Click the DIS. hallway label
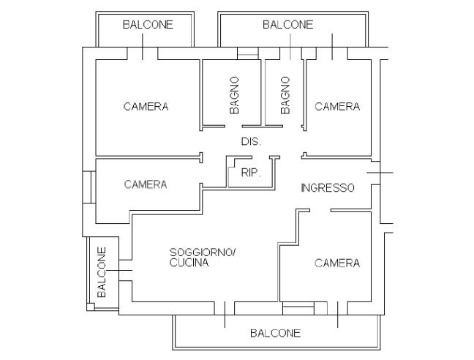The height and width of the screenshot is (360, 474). [x=251, y=141]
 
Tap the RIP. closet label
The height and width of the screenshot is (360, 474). [x=251, y=173]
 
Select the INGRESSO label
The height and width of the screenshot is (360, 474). [x=328, y=188]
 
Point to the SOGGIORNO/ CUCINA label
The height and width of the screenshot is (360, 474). [x=202, y=258]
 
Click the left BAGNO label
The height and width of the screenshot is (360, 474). [x=234, y=95]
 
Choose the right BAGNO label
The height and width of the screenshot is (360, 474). [x=285, y=95]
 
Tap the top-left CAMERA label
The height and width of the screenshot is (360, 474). [x=146, y=106]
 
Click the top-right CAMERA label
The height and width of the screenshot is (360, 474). [x=337, y=106]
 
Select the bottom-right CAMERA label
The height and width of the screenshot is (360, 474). [x=337, y=263]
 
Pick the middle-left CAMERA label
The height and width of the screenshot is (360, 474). [x=146, y=184]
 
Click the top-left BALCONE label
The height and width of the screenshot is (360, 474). [x=148, y=24]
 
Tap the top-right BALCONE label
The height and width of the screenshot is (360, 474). [x=287, y=24]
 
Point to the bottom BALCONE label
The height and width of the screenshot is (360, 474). [x=275, y=333]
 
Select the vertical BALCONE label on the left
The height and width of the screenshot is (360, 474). [x=102, y=272]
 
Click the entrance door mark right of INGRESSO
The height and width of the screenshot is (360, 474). [x=380, y=173]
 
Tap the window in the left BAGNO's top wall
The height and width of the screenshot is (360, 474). [x=248, y=53]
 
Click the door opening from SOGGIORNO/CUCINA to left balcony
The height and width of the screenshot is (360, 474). [x=126, y=270]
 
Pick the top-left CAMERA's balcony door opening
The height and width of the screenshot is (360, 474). [x=143, y=53]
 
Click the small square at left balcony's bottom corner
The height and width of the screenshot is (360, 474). [x=91, y=307]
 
